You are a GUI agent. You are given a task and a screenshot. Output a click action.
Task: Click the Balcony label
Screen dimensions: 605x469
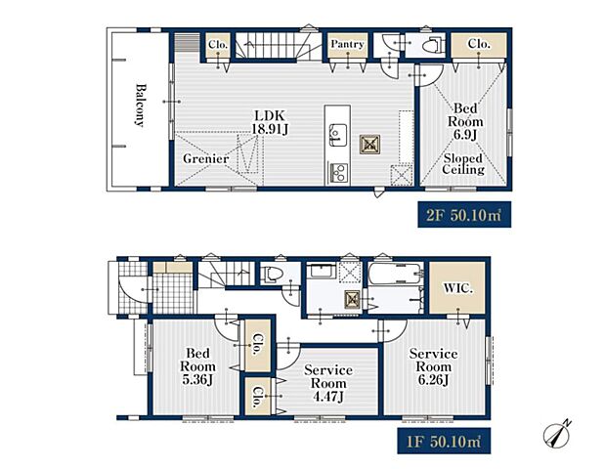pos(141,105)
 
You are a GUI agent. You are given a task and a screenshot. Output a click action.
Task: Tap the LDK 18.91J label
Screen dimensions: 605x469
pos(270,122)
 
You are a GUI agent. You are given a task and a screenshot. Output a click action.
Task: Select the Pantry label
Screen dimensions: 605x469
pos(347,44)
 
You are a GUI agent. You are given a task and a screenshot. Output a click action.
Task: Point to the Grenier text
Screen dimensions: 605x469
pos(205,158)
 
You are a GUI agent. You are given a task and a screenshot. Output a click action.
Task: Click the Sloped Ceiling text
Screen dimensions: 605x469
pos(463,164)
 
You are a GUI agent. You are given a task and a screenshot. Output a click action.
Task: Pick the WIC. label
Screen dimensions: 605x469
pos(457,288)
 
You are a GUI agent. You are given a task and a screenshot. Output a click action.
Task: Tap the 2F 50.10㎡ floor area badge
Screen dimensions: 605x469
pos(464,214)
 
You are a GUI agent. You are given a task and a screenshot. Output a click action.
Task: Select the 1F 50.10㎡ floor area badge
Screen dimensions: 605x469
pos(444,441)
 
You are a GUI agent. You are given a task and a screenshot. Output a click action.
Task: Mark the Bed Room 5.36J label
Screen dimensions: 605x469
pos(197,366)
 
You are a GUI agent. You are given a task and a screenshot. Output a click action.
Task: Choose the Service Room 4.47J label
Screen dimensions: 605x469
pos(328,383)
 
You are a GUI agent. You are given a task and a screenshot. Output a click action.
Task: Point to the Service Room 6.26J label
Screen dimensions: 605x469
pos(433,366)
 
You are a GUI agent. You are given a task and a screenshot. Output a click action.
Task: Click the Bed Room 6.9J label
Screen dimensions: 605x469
pos(465,121)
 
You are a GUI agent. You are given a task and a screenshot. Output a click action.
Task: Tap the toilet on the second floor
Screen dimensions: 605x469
pos(431,46)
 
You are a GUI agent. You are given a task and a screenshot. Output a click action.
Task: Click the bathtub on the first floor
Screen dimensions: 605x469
pos(396,275)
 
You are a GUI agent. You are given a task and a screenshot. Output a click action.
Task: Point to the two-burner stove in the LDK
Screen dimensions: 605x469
pos(338,172)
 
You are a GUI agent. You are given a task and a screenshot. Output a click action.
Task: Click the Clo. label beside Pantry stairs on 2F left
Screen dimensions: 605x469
pos(218,45)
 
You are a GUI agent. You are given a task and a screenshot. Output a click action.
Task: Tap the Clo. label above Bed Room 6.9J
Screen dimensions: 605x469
pos(479,44)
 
